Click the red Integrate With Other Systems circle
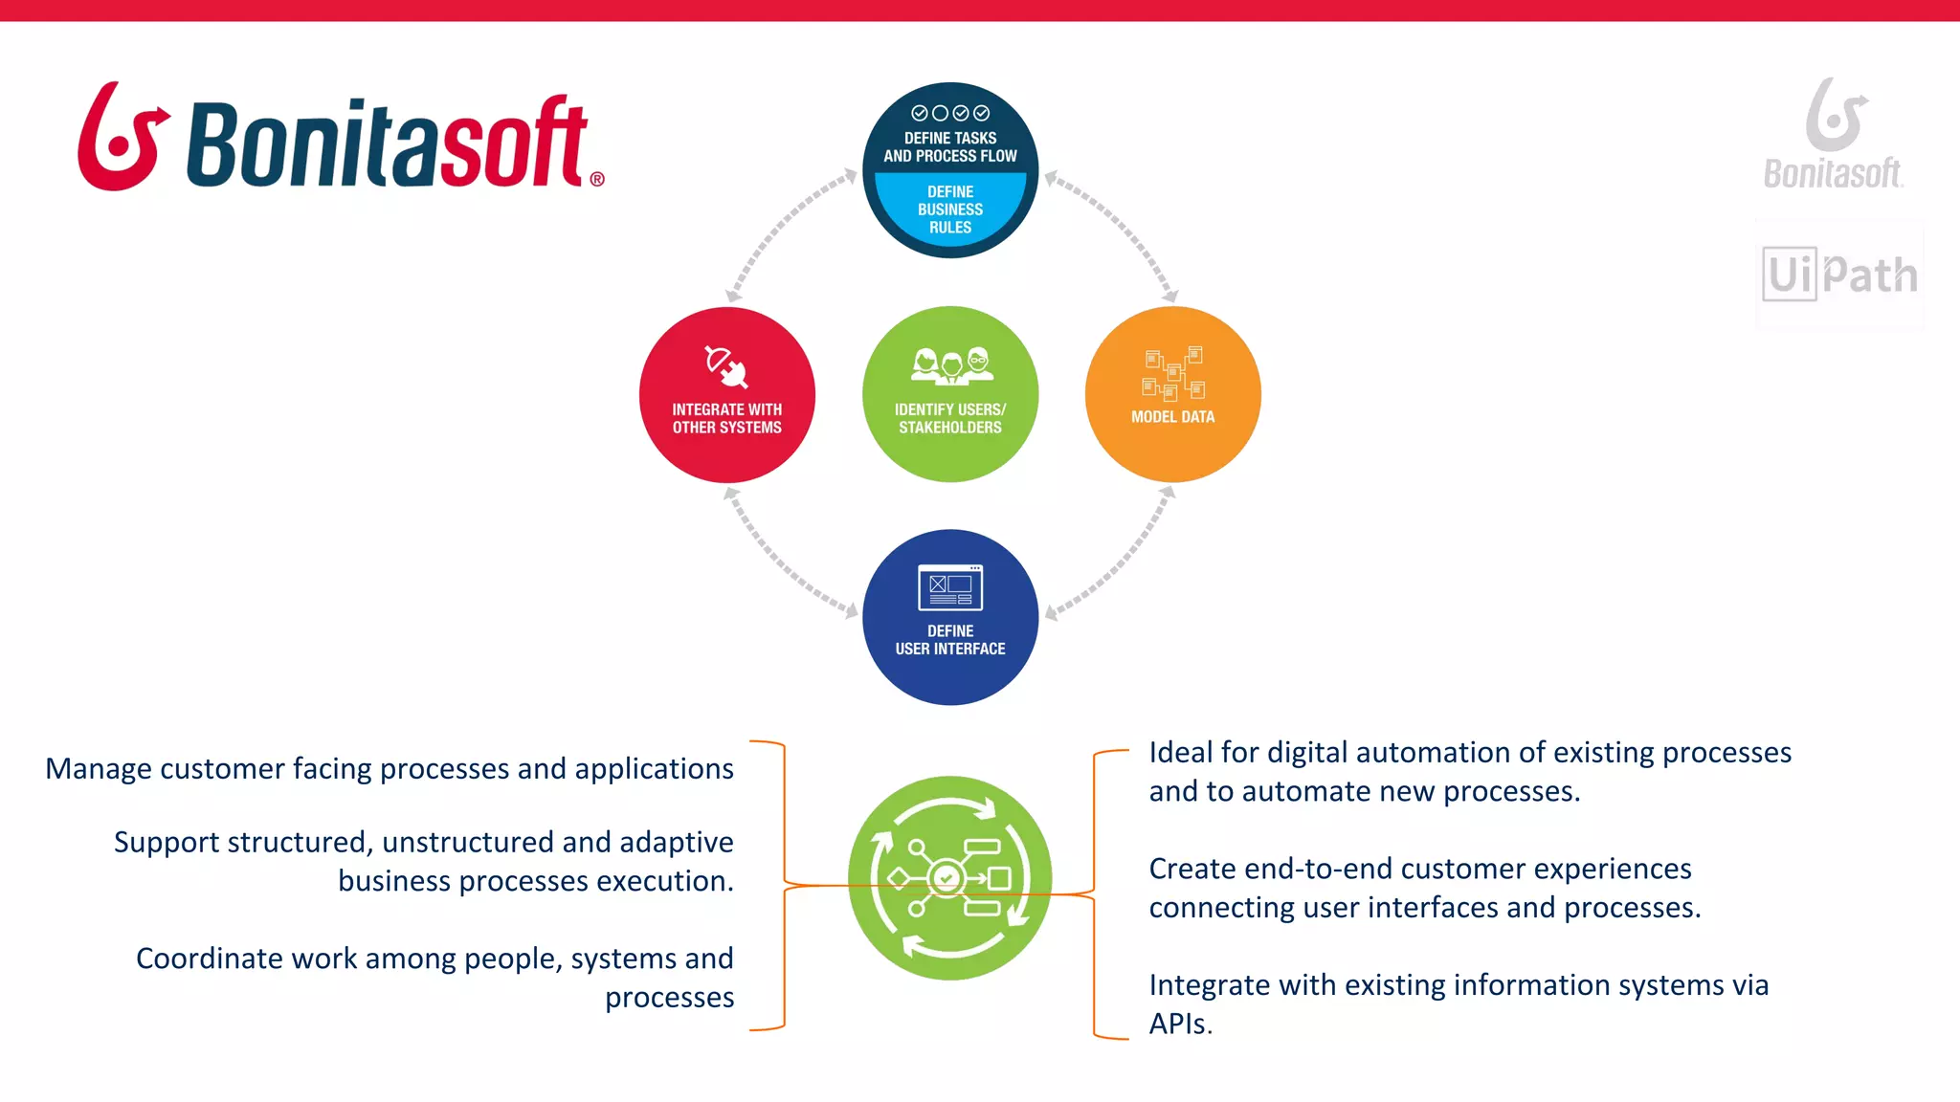(x=726, y=395)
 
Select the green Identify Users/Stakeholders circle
(x=949, y=395)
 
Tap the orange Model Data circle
(x=1172, y=395)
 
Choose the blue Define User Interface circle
(x=949, y=618)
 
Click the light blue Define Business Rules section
(x=949, y=209)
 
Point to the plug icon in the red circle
(x=726, y=367)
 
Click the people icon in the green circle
(x=951, y=365)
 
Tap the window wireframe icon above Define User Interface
(x=949, y=587)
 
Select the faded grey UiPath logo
(x=1839, y=275)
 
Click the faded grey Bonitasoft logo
(x=1834, y=134)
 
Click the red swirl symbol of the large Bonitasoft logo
(x=122, y=136)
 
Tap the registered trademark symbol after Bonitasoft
(x=597, y=179)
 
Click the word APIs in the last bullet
(x=1180, y=1025)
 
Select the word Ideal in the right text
(x=1181, y=753)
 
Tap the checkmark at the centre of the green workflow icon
(x=947, y=877)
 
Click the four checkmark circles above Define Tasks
(x=949, y=113)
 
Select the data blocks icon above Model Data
(x=1173, y=373)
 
